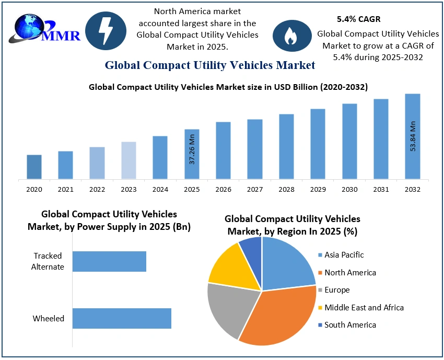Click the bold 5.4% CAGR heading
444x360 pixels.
click(x=358, y=19)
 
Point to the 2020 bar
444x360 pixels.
click(x=34, y=167)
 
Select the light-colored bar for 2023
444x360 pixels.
click(x=128, y=160)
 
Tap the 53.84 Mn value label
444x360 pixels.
click(x=413, y=136)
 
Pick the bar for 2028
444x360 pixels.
click(x=286, y=146)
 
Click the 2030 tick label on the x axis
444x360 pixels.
click(x=349, y=189)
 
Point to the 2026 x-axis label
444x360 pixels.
click(x=223, y=189)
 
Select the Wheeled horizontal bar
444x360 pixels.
click(x=122, y=318)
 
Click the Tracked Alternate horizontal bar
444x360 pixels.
click(x=109, y=261)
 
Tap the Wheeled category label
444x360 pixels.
click(x=49, y=318)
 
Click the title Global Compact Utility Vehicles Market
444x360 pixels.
click(x=210, y=65)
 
